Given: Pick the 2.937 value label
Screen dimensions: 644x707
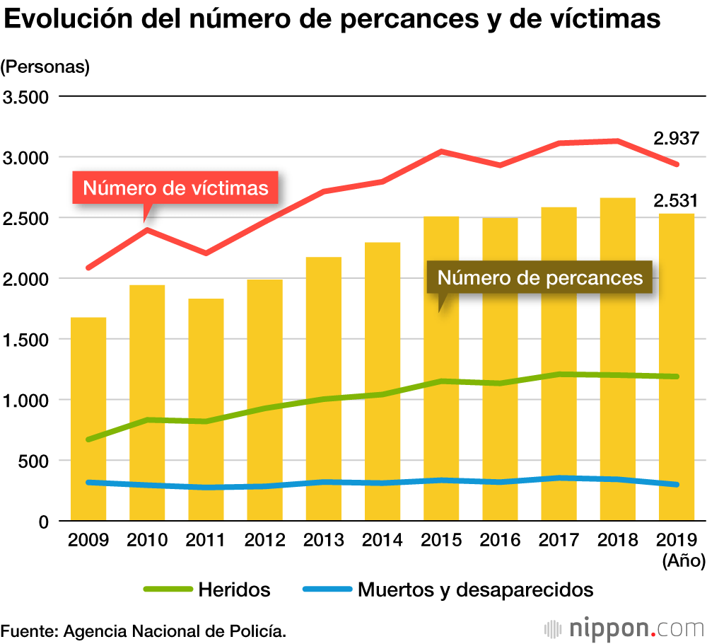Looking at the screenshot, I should [676, 139].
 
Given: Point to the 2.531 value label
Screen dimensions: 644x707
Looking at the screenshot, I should [676, 200].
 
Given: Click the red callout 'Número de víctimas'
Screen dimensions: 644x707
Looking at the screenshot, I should [175, 188].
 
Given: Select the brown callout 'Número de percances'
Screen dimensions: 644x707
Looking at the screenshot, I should [540, 277].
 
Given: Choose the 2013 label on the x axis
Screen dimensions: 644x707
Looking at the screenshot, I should [324, 541].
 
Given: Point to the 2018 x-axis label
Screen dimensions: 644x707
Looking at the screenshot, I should [618, 541].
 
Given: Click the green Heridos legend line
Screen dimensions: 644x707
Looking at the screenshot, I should [168, 589].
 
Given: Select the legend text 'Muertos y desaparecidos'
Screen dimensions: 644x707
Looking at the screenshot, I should [475, 589].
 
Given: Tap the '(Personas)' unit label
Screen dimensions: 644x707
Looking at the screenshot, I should [46, 67].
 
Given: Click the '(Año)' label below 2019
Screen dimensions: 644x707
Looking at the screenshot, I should [684, 561].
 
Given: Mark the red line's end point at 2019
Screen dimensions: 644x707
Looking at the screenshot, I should [677, 164].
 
